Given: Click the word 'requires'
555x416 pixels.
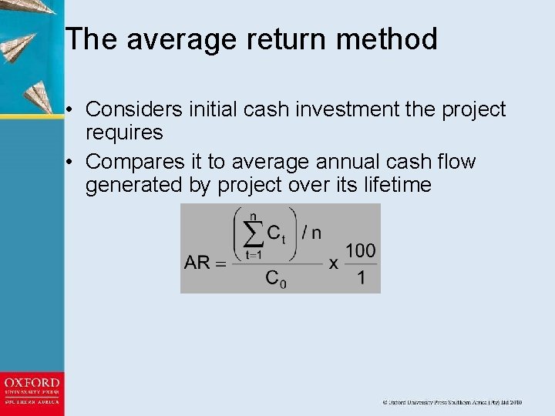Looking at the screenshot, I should (x=124, y=133).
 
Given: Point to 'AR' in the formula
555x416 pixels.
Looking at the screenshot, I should (x=197, y=263).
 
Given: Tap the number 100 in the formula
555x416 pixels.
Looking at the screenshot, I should (x=360, y=250).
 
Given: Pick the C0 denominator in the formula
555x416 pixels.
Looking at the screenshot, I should (x=275, y=278).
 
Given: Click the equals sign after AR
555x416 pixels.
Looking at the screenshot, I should (x=220, y=263).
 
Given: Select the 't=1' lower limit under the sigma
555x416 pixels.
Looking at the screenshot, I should (x=254, y=254).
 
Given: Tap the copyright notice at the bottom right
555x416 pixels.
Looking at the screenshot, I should (x=452, y=402).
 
